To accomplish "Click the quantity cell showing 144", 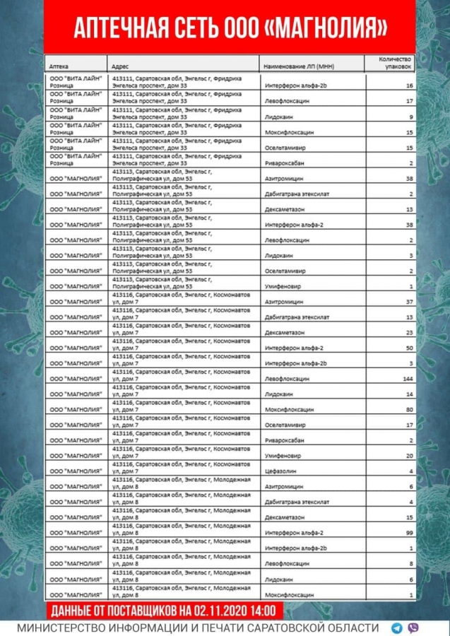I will pos(407,379).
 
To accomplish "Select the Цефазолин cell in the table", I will pos(280,471).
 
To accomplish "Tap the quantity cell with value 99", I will pos(409,531).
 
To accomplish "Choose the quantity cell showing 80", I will pos(409,410).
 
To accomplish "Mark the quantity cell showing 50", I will pos(409,348).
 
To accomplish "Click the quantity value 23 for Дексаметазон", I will pos(409,333).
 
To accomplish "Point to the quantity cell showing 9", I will pos(410,117).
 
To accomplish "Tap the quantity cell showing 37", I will pos(409,302).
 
